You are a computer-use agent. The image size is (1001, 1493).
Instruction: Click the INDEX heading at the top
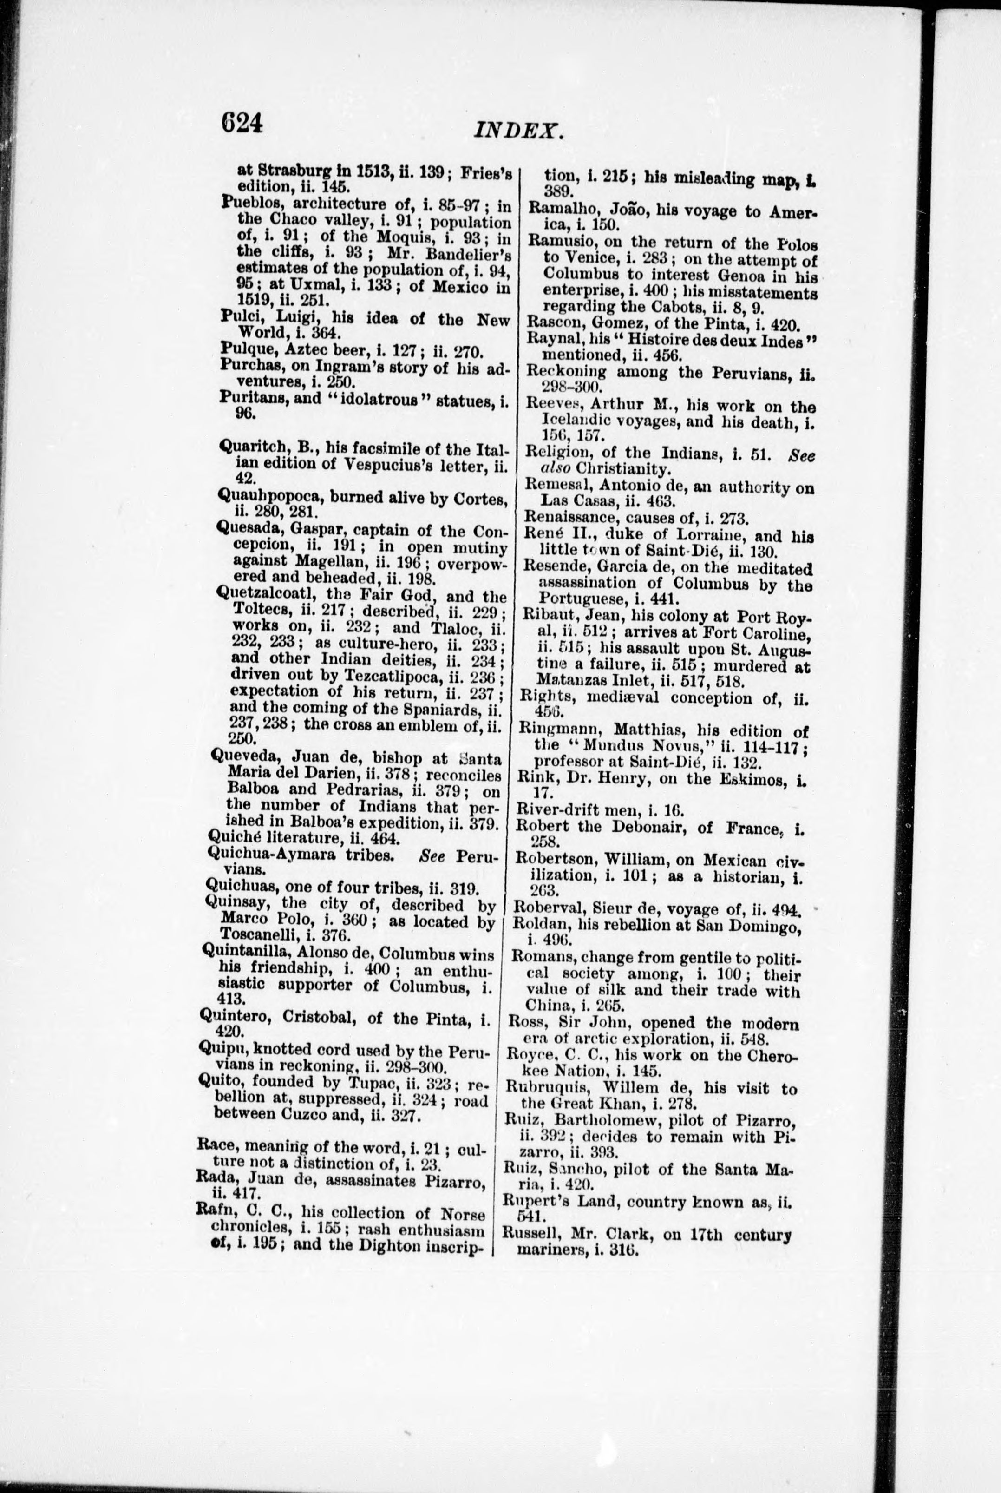[518, 131]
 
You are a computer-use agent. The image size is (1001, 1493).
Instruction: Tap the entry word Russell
[527, 1236]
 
